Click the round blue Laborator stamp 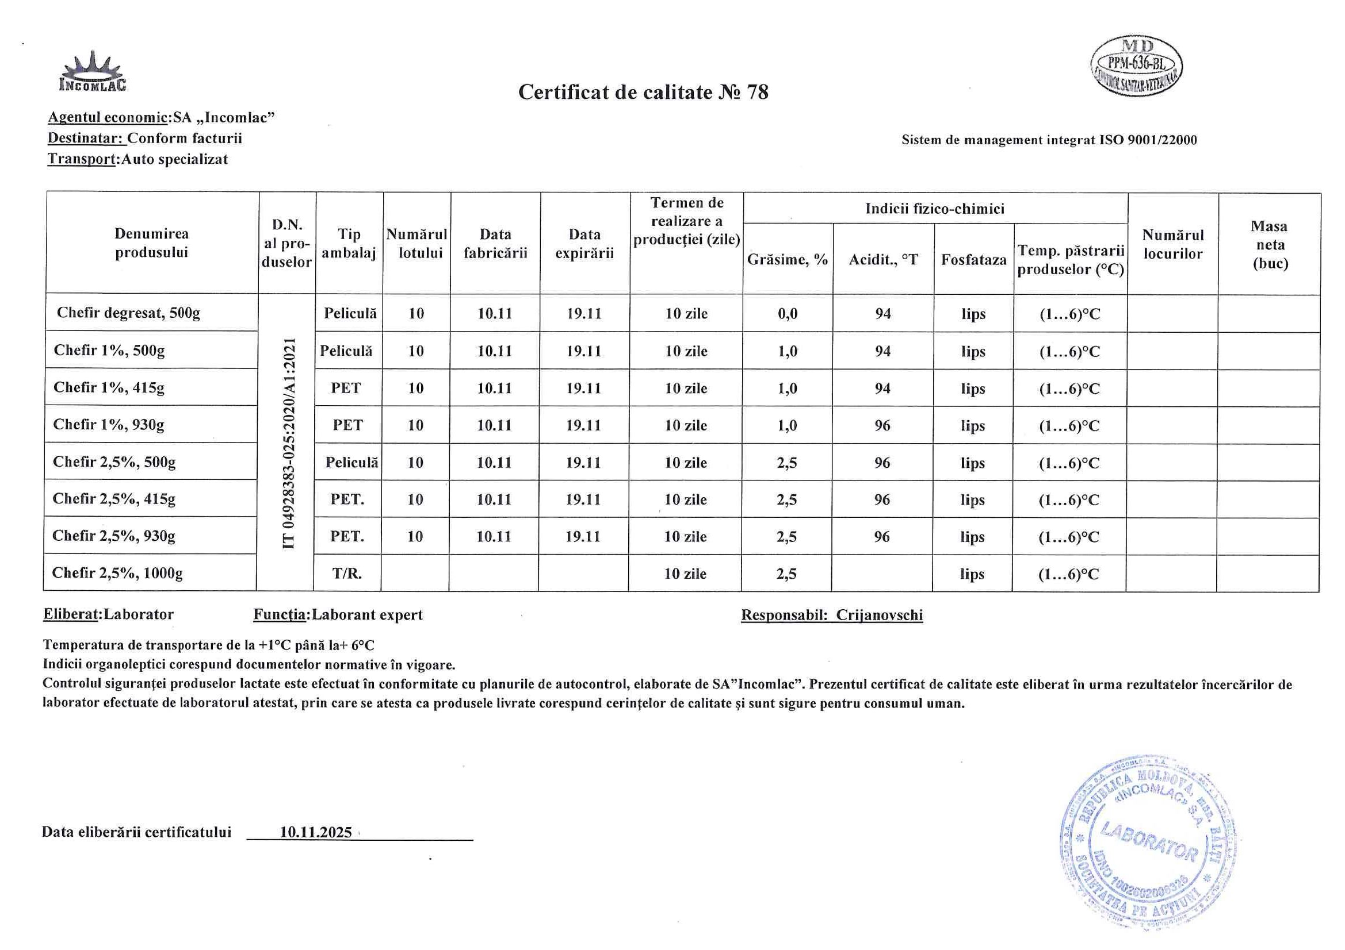[1149, 844]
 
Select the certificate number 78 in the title [758, 93]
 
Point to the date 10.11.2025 [316, 832]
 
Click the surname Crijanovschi [879, 615]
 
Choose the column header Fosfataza [973, 260]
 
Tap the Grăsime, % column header [788, 260]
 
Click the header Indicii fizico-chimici [935, 209]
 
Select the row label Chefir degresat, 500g [128, 313]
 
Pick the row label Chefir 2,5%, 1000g [117, 572]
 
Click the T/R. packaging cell [347, 574]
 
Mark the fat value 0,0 [788, 314]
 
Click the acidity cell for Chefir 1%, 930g [882, 425]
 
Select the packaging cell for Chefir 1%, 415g [346, 388]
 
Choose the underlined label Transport [82, 159]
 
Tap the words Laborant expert [367, 615]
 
